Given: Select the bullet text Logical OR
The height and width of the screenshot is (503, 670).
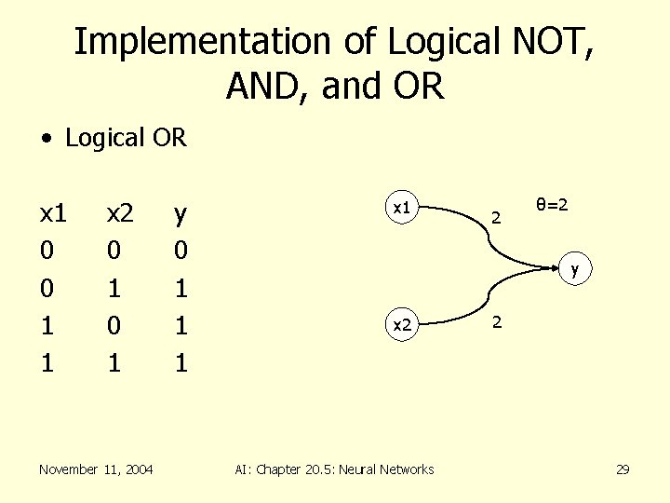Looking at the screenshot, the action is point(126,139).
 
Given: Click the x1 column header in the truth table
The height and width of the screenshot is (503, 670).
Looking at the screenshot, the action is point(53,215).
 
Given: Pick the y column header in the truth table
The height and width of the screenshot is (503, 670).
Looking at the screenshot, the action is point(181,215).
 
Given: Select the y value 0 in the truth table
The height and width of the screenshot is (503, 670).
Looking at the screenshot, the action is point(181,251).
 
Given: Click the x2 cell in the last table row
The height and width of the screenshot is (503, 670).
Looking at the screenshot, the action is point(114,361).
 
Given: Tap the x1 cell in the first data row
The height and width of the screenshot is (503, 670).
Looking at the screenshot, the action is point(47,251).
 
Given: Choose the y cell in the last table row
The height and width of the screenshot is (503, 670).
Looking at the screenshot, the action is point(181,361).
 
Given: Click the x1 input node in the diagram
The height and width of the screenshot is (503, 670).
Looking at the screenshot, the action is point(401,209).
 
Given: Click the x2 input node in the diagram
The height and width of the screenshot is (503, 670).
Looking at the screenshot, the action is point(401,325).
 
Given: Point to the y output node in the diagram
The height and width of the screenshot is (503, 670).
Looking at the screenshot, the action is point(575,270).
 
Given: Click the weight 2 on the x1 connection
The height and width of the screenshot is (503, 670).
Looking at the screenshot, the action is point(497,220).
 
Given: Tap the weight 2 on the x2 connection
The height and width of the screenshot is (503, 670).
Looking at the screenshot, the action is point(497,321).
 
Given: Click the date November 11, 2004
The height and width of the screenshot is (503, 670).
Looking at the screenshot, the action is point(96,469).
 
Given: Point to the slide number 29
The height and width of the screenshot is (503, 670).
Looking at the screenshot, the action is point(623,469).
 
